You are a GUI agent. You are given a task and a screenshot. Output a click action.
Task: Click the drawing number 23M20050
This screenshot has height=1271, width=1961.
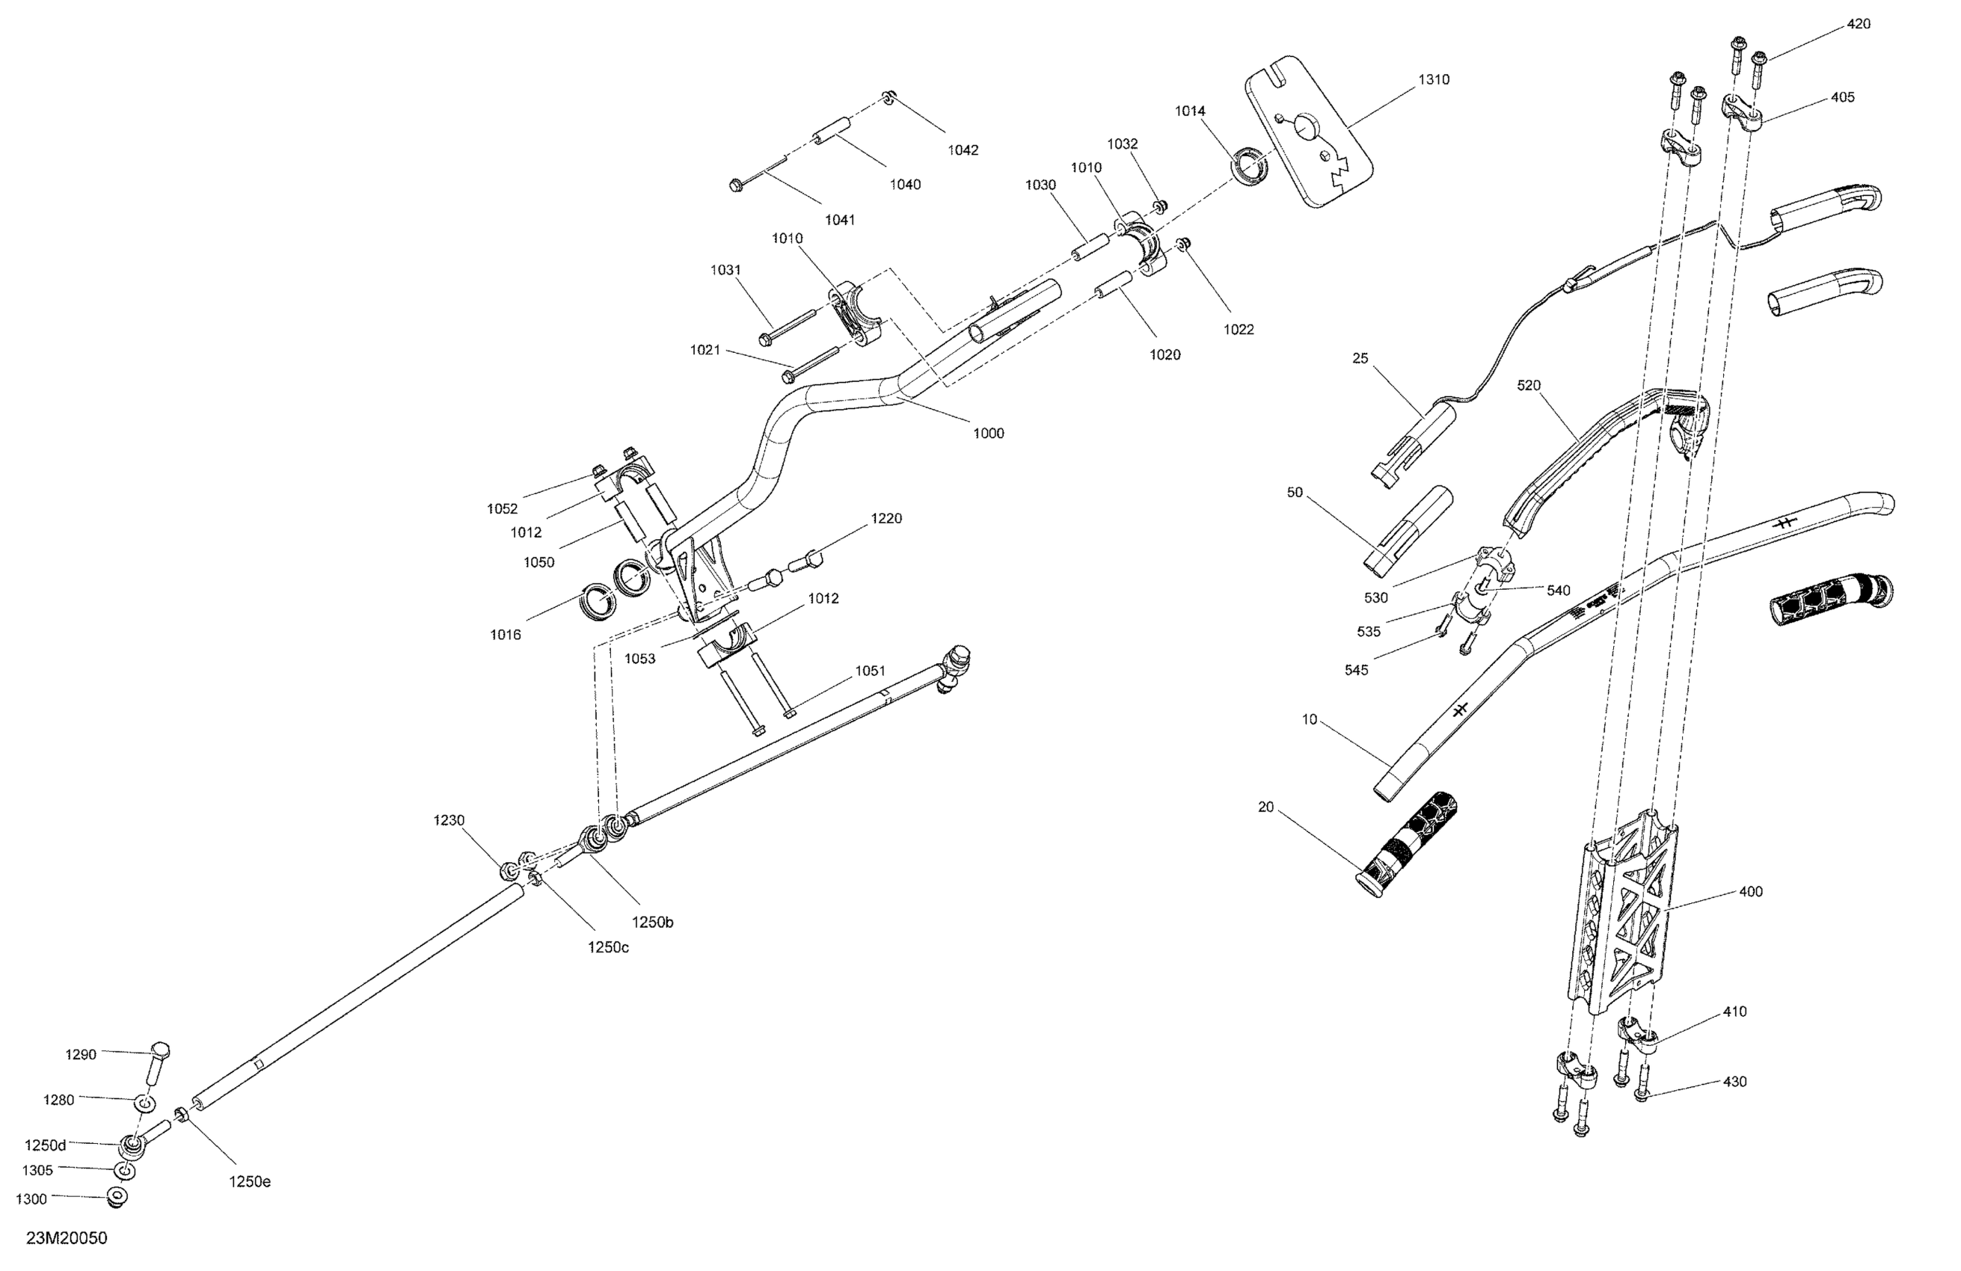click(67, 1238)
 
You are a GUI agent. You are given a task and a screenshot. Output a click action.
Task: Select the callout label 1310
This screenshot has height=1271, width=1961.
click(1434, 80)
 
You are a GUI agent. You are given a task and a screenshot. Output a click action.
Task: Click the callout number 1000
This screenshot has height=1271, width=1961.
click(988, 434)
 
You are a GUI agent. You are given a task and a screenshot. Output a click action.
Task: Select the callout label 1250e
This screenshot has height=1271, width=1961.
click(250, 1182)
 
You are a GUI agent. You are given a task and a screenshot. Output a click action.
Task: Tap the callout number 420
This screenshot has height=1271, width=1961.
click(1858, 25)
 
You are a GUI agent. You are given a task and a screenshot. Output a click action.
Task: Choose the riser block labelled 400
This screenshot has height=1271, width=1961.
click(1619, 918)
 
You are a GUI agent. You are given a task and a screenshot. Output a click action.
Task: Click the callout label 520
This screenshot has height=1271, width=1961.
click(1529, 386)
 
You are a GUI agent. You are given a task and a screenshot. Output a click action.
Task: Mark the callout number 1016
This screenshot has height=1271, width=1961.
click(505, 635)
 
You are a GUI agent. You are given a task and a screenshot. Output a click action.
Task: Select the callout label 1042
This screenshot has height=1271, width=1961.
click(963, 150)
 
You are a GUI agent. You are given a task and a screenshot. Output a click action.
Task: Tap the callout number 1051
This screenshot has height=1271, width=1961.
click(869, 671)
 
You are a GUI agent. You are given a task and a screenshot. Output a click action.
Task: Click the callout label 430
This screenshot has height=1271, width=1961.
click(1734, 1082)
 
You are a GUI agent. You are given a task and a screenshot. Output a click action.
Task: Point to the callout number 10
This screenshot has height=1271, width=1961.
click(1310, 720)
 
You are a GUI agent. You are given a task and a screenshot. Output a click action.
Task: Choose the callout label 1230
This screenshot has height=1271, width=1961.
click(449, 820)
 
